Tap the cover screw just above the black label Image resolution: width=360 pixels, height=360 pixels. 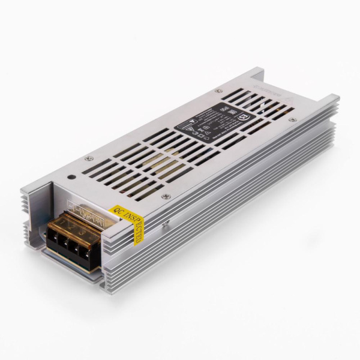(218, 91)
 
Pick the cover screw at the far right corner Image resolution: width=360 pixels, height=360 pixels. (292, 121)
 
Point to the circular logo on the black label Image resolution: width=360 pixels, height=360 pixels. (245, 112)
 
